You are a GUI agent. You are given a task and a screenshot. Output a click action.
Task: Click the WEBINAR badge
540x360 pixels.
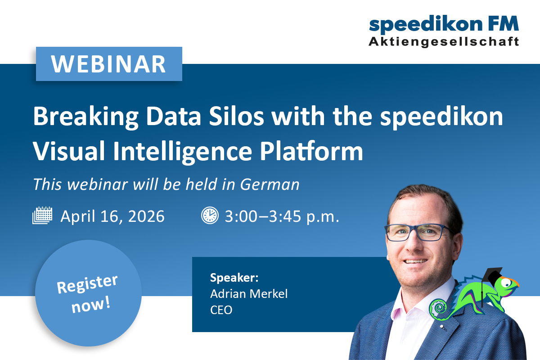109,64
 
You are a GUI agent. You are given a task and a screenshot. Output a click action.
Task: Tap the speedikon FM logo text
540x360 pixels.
444,24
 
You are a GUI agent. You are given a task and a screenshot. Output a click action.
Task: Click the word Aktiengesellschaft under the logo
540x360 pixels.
444,41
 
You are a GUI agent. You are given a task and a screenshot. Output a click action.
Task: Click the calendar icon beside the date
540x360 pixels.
43,216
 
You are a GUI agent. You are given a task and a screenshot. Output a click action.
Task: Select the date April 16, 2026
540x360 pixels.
112,216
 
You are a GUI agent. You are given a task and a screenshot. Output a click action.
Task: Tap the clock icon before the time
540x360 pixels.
209,216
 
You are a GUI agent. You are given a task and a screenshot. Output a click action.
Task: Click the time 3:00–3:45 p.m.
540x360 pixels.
282,216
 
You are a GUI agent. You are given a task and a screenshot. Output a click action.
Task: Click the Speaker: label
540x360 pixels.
234,277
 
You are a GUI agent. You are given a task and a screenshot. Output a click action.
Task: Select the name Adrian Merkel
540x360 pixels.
249,294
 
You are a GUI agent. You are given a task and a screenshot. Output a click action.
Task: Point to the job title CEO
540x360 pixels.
221,310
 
